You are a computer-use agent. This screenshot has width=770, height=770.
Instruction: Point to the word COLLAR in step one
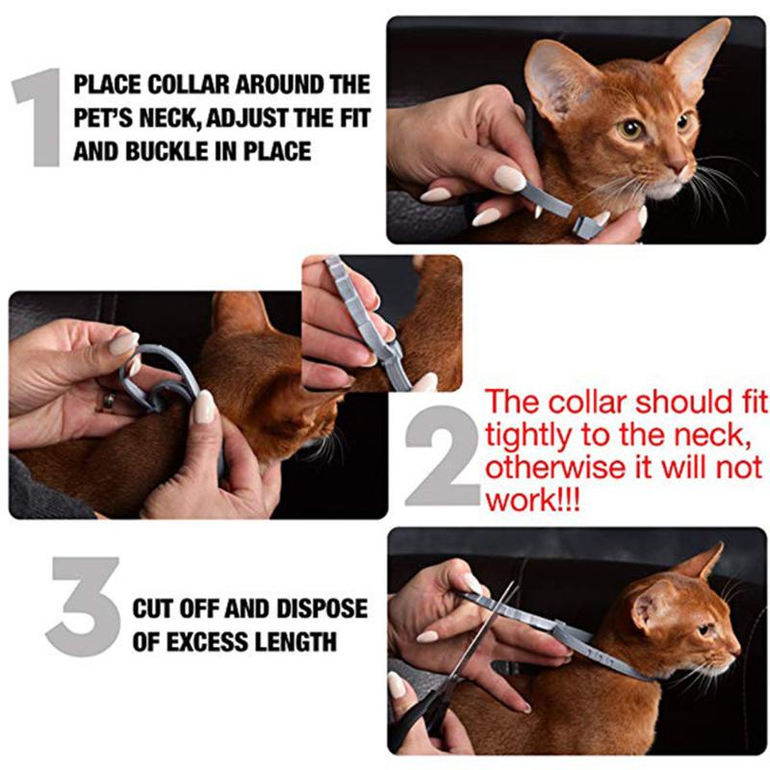click(165, 84)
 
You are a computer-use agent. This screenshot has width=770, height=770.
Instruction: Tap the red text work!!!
click(532, 500)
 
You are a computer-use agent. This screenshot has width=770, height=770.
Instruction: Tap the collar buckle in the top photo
click(583, 223)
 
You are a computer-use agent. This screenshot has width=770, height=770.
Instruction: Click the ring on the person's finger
click(109, 399)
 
